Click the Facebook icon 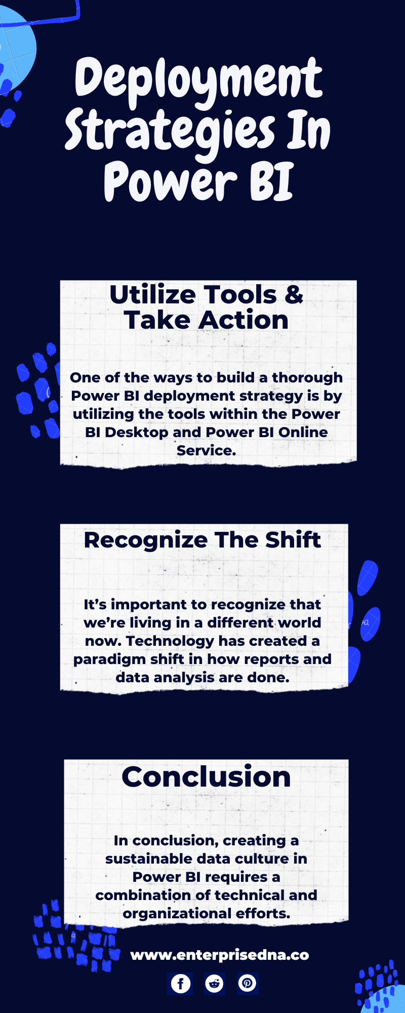click(180, 983)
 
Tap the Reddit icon click(214, 983)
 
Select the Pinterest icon click(248, 983)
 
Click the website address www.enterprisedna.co click(220, 955)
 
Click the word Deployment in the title click(198, 80)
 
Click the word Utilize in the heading click(152, 294)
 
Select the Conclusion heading click(206, 776)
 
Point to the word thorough click(307, 378)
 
